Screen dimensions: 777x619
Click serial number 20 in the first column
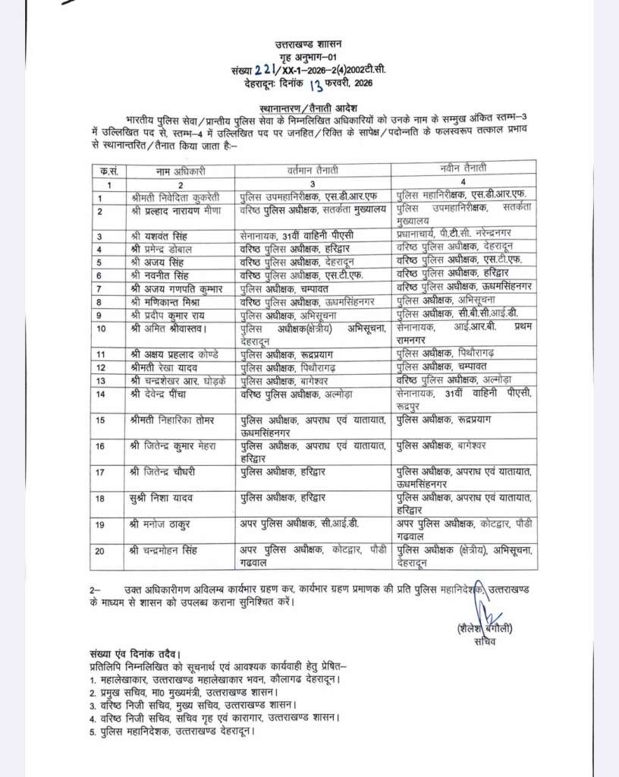pyautogui.click(x=100, y=551)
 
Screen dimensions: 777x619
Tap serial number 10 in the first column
pyautogui.click(x=100, y=328)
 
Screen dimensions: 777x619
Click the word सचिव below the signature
pyautogui.click(x=483, y=642)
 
